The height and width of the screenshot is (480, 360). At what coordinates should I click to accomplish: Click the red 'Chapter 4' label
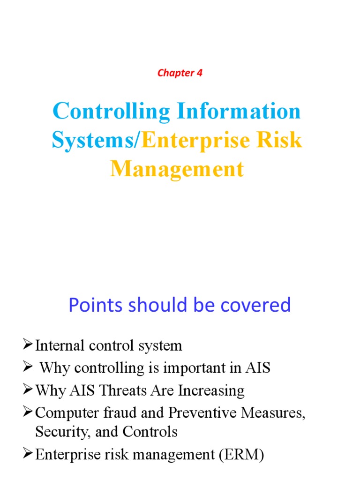click(180, 73)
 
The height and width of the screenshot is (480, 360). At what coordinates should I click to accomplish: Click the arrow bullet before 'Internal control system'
click(28, 345)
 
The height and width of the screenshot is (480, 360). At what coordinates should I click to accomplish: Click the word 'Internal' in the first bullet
click(55, 346)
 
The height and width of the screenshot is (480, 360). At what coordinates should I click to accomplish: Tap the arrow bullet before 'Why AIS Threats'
click(28, 390)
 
